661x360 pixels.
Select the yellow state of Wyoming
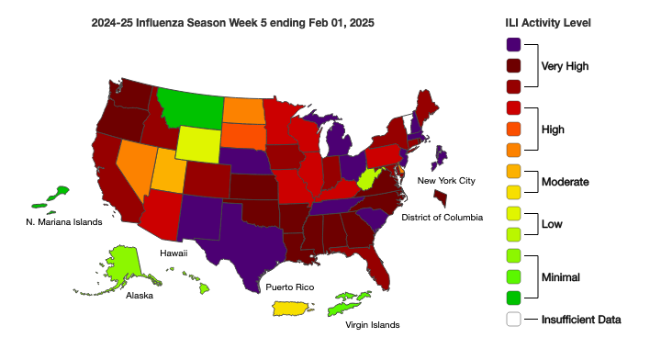(204, 143)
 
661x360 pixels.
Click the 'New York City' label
(447, 182)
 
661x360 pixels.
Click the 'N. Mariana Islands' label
(63, 221)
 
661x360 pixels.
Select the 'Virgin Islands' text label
(372, 325)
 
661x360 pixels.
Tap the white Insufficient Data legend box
(513, 320)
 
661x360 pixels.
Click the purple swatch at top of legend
(513, 44)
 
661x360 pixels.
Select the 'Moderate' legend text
(564, 181)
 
